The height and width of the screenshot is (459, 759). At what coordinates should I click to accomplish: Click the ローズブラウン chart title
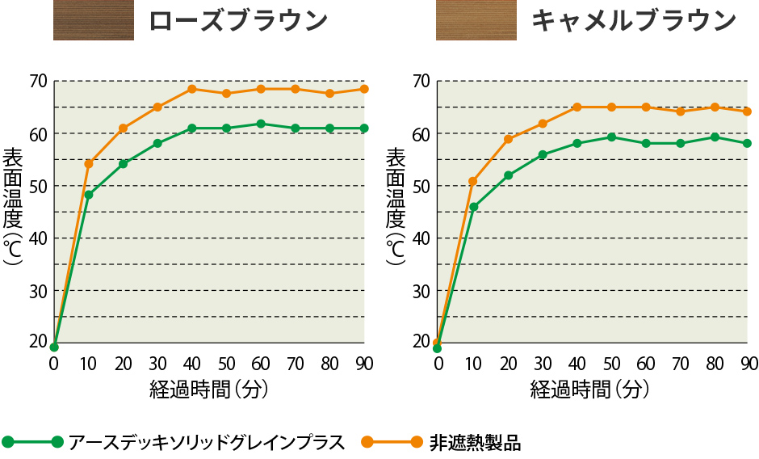[238, 20]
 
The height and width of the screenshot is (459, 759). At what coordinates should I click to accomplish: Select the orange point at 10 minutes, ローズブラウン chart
[89, 163]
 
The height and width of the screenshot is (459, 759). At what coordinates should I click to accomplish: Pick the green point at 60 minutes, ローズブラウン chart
[261, 124]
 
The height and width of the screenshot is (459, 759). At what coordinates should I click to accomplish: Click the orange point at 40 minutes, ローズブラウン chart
[192, 89]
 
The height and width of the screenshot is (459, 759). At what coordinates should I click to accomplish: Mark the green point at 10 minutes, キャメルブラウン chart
[473, 207]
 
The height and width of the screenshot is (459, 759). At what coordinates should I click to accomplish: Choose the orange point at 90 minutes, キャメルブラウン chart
[747, 112]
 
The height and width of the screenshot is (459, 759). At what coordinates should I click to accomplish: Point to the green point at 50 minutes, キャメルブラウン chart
[611, 137]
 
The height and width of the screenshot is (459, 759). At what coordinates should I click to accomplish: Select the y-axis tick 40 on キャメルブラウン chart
[421, 238]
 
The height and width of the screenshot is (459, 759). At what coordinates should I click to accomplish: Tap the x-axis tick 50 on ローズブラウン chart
[226, 363]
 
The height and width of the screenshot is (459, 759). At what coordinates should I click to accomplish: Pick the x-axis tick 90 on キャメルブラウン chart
[748, 363]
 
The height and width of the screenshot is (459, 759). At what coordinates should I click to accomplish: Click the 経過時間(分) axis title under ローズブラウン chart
[208, 390]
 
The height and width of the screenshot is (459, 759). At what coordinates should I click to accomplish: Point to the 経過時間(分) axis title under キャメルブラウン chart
[590, 390]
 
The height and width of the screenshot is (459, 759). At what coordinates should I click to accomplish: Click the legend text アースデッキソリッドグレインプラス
[207, 442]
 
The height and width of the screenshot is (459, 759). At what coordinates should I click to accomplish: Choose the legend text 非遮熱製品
[475, 442]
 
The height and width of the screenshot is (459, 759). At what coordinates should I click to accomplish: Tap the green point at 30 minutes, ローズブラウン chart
[157, 143]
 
